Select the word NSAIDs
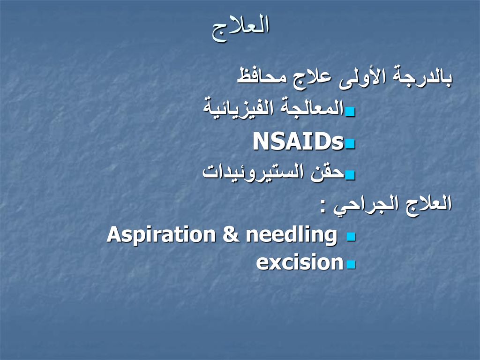(298, 141)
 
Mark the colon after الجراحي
(323, 206)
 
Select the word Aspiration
(161, 235)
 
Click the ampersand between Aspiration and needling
(231, 235)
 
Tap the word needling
(292, 235)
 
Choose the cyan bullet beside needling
(351, 237)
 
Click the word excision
(300, 262)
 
